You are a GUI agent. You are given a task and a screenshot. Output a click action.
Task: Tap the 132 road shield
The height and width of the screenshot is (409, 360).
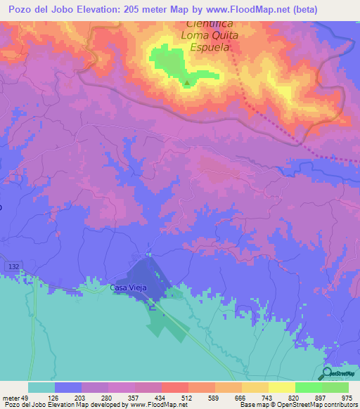click(14, 267)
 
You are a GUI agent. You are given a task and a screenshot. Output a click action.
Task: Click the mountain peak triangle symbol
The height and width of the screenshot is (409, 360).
click(187, 84)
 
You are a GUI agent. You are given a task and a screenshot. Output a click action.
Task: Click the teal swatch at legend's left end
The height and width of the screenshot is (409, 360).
click(41, 387)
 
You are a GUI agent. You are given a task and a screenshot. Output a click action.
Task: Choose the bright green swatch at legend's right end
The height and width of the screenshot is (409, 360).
click(335, 387)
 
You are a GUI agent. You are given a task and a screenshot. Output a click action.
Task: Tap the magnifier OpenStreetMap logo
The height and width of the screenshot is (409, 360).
click(326, 373)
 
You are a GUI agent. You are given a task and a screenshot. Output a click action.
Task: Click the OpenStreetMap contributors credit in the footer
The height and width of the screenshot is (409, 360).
click(309, 405)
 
